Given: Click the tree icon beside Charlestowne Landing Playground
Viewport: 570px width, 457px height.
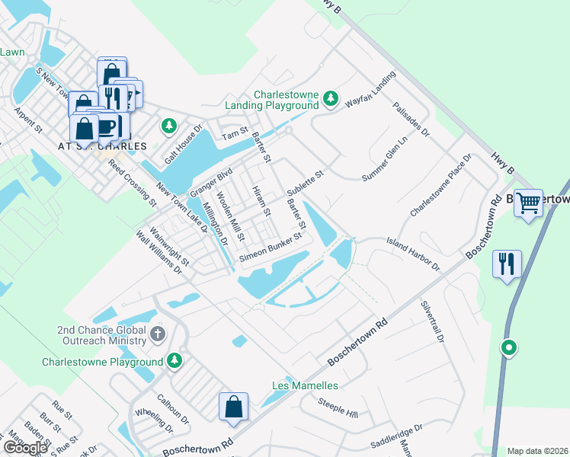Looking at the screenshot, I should tap(330, 98).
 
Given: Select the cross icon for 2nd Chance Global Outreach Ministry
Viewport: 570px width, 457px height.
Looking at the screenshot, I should tap(158, 334).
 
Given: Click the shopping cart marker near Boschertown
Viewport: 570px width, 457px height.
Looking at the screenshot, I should tap(528, 202).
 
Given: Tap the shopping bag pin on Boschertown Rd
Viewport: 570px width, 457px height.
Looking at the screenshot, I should tap(234, 406).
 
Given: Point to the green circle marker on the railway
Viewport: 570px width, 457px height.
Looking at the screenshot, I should tap(508, 348).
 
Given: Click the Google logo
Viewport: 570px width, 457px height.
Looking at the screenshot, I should tap(24, 448).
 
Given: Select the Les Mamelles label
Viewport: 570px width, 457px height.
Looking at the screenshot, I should tap(305, 385).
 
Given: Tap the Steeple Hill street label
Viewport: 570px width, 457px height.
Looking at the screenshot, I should tap(338, 412).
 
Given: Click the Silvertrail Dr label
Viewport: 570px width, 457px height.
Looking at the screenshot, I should tap(431, 321).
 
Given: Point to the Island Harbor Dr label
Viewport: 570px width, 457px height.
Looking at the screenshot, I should tap(414, 254).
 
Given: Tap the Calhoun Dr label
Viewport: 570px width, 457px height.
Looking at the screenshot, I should tap(173, 409).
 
